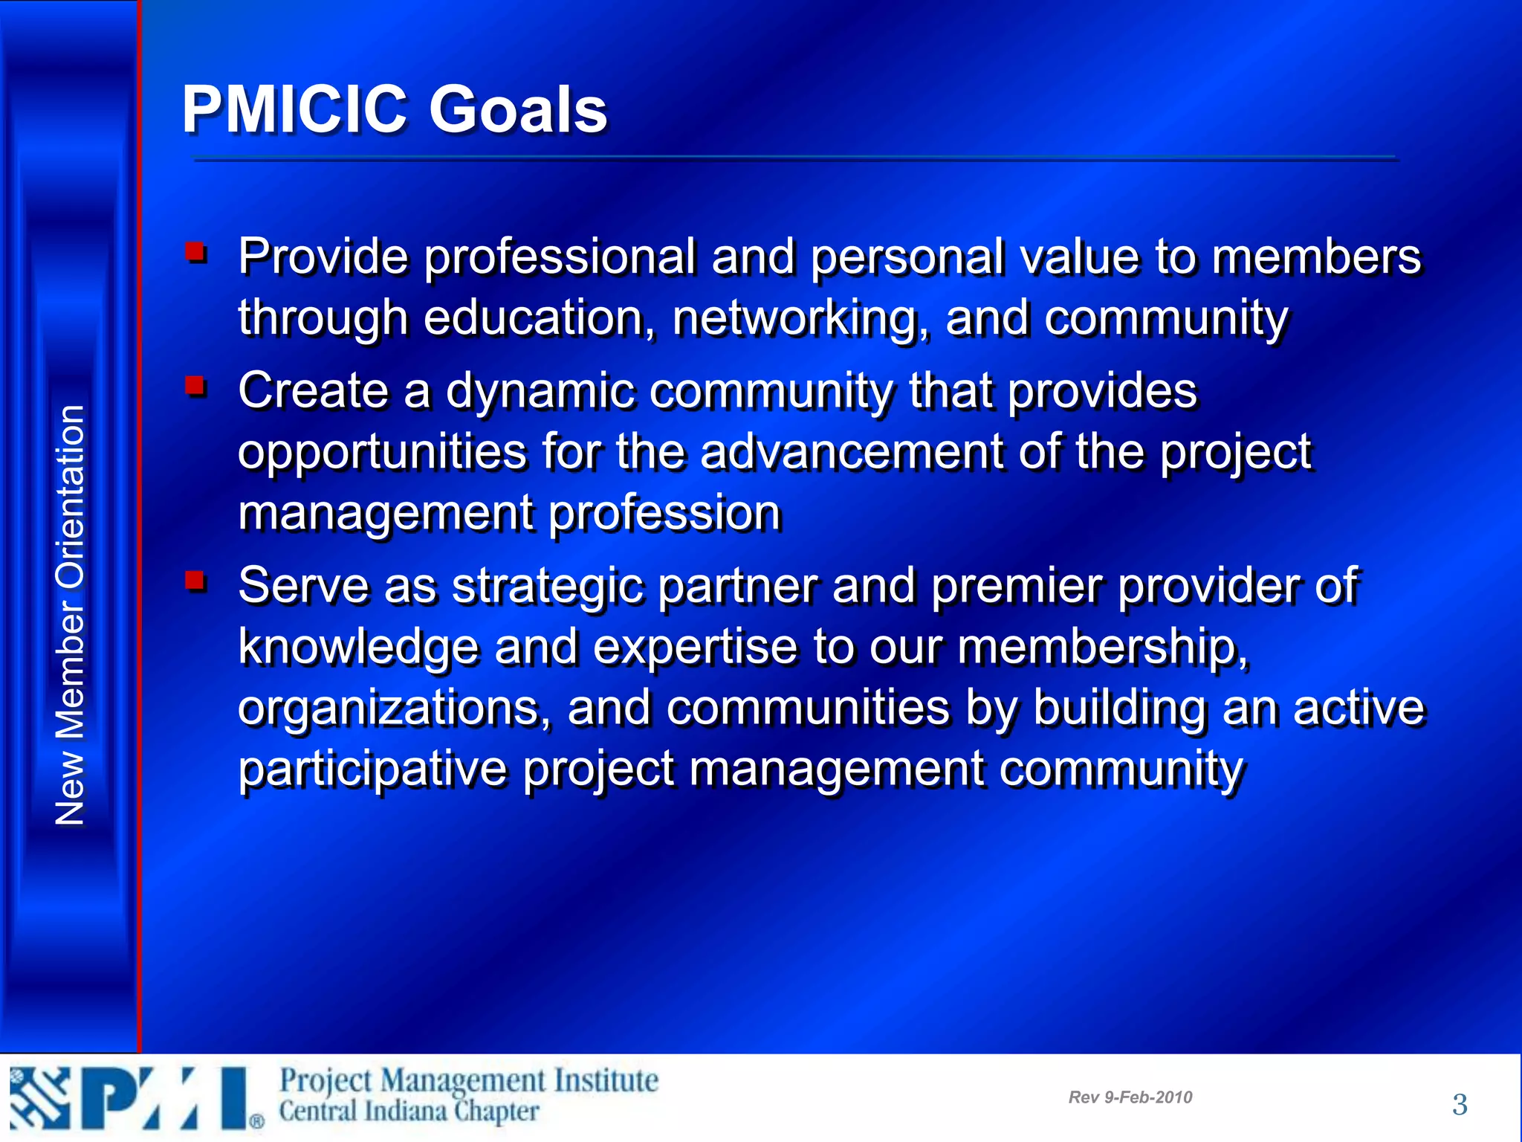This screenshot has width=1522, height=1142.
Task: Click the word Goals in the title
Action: tap(518, 110)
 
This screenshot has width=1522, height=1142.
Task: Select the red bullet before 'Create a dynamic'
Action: tap(196, 385)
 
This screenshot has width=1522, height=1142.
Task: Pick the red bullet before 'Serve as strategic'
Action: tap(196, 580)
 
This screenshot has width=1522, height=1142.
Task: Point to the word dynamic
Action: tap(540, 391)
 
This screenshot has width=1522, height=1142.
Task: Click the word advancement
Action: tap(852, 452)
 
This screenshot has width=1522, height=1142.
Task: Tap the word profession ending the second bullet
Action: tap(665, 514)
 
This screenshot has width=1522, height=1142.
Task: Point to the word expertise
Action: tap(696, 647)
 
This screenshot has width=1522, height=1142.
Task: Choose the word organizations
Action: tap(394, 709)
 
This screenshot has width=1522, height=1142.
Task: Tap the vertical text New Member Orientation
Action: tap(71, 615)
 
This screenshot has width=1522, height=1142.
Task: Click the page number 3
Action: tap(1460, 1105)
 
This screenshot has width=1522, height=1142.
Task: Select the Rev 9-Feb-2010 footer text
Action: tap(1130, 1097)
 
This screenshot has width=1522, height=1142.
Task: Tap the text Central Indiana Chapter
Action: tap(409, 1112)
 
